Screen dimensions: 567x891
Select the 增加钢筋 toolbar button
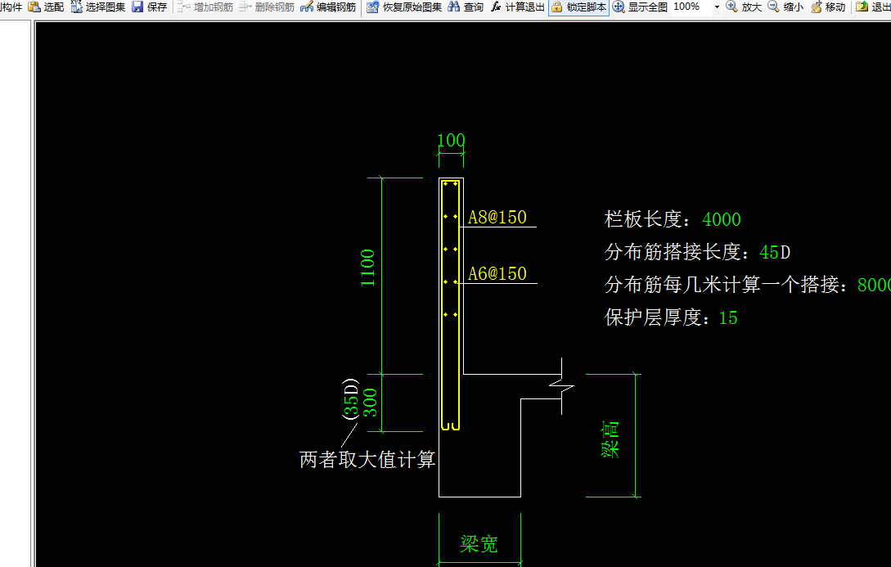205,7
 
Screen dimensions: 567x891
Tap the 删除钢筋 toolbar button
267,7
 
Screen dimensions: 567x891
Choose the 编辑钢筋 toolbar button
328,7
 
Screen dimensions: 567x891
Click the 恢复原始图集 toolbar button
404,7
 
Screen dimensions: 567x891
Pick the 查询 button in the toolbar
466,7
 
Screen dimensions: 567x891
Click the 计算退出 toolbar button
518,7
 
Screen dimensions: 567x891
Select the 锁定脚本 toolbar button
579,7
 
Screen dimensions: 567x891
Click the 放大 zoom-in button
744,7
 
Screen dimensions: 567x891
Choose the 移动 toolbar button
828,7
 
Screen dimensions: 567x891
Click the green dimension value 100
451,140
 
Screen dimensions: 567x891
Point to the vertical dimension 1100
368,268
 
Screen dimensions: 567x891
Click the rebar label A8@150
497,218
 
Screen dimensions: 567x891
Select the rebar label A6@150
497,274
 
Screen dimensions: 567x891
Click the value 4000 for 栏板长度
722,219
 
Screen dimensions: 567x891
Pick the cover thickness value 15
728,317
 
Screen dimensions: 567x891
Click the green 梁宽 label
479,544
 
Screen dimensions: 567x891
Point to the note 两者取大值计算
367,460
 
